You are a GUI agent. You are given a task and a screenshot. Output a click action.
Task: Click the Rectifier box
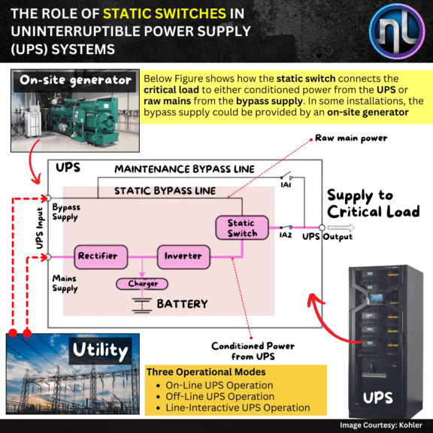[98, 256]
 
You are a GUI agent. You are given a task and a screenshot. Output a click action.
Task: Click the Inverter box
[183, 256]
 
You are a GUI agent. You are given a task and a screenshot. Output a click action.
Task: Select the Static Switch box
[242, 229]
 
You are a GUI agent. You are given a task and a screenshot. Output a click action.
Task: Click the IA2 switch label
[285, 235]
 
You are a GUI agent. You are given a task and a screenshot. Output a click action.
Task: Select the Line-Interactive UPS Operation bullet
[232, 407]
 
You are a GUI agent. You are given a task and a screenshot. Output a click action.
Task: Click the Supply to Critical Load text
[374, 202]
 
